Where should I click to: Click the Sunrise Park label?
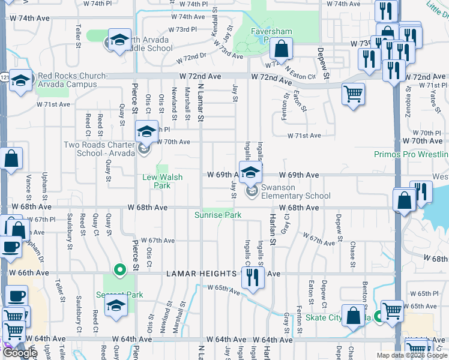click(x=218, y=215)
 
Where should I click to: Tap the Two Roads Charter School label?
click(x=99, y=149)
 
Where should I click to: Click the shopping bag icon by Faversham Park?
click(x=280, y=49)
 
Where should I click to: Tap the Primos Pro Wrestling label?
click(x=411, y=154)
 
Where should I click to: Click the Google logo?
click(x=20, y=353)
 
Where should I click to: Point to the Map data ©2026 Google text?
click(x=412, y=355)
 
